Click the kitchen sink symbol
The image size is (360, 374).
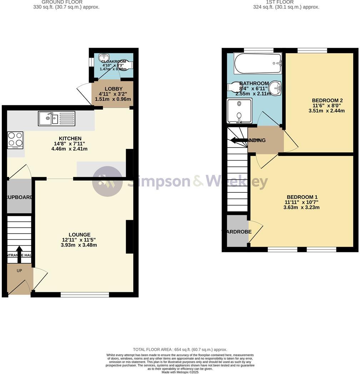(x=56, y=118)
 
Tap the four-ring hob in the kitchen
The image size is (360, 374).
(x=15, y=140)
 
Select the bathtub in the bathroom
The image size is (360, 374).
(x=257, y=64)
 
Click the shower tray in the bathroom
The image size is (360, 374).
(x=239, y=111)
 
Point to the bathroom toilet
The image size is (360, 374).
(x=234, y=87)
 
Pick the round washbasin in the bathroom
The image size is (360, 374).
(x=275, y=87)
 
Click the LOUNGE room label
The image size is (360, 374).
(x=79, y=234)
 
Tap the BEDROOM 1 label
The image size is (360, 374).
(x=302, y=197)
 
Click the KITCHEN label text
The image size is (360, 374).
(x=70, y=138)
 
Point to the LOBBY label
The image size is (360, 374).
(x=113, y=89)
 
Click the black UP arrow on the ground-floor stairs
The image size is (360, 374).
(x=19, y=251)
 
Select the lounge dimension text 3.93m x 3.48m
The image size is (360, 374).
(x=79, y=245)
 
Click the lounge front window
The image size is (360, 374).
(x=85, y=294)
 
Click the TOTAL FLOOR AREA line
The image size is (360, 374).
(x=180, y=350)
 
